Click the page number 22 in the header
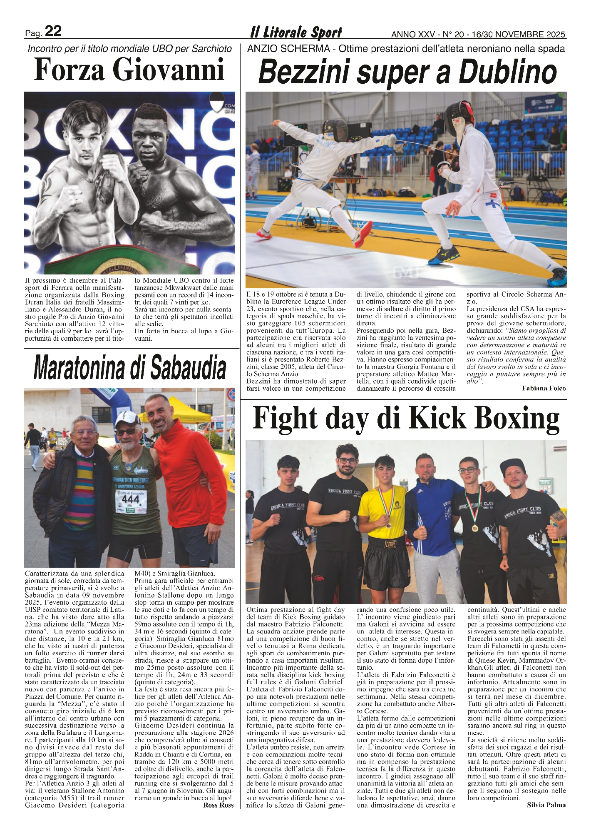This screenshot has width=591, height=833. point(53,31)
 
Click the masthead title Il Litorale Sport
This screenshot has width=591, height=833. point(296,32)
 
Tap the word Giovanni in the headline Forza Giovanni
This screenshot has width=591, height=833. point(169,70)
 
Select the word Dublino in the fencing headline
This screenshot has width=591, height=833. point(508,73)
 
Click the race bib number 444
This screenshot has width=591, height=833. point(130,499)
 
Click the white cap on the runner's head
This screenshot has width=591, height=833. point(127,418)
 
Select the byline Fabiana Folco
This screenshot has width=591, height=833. point(544,388)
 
